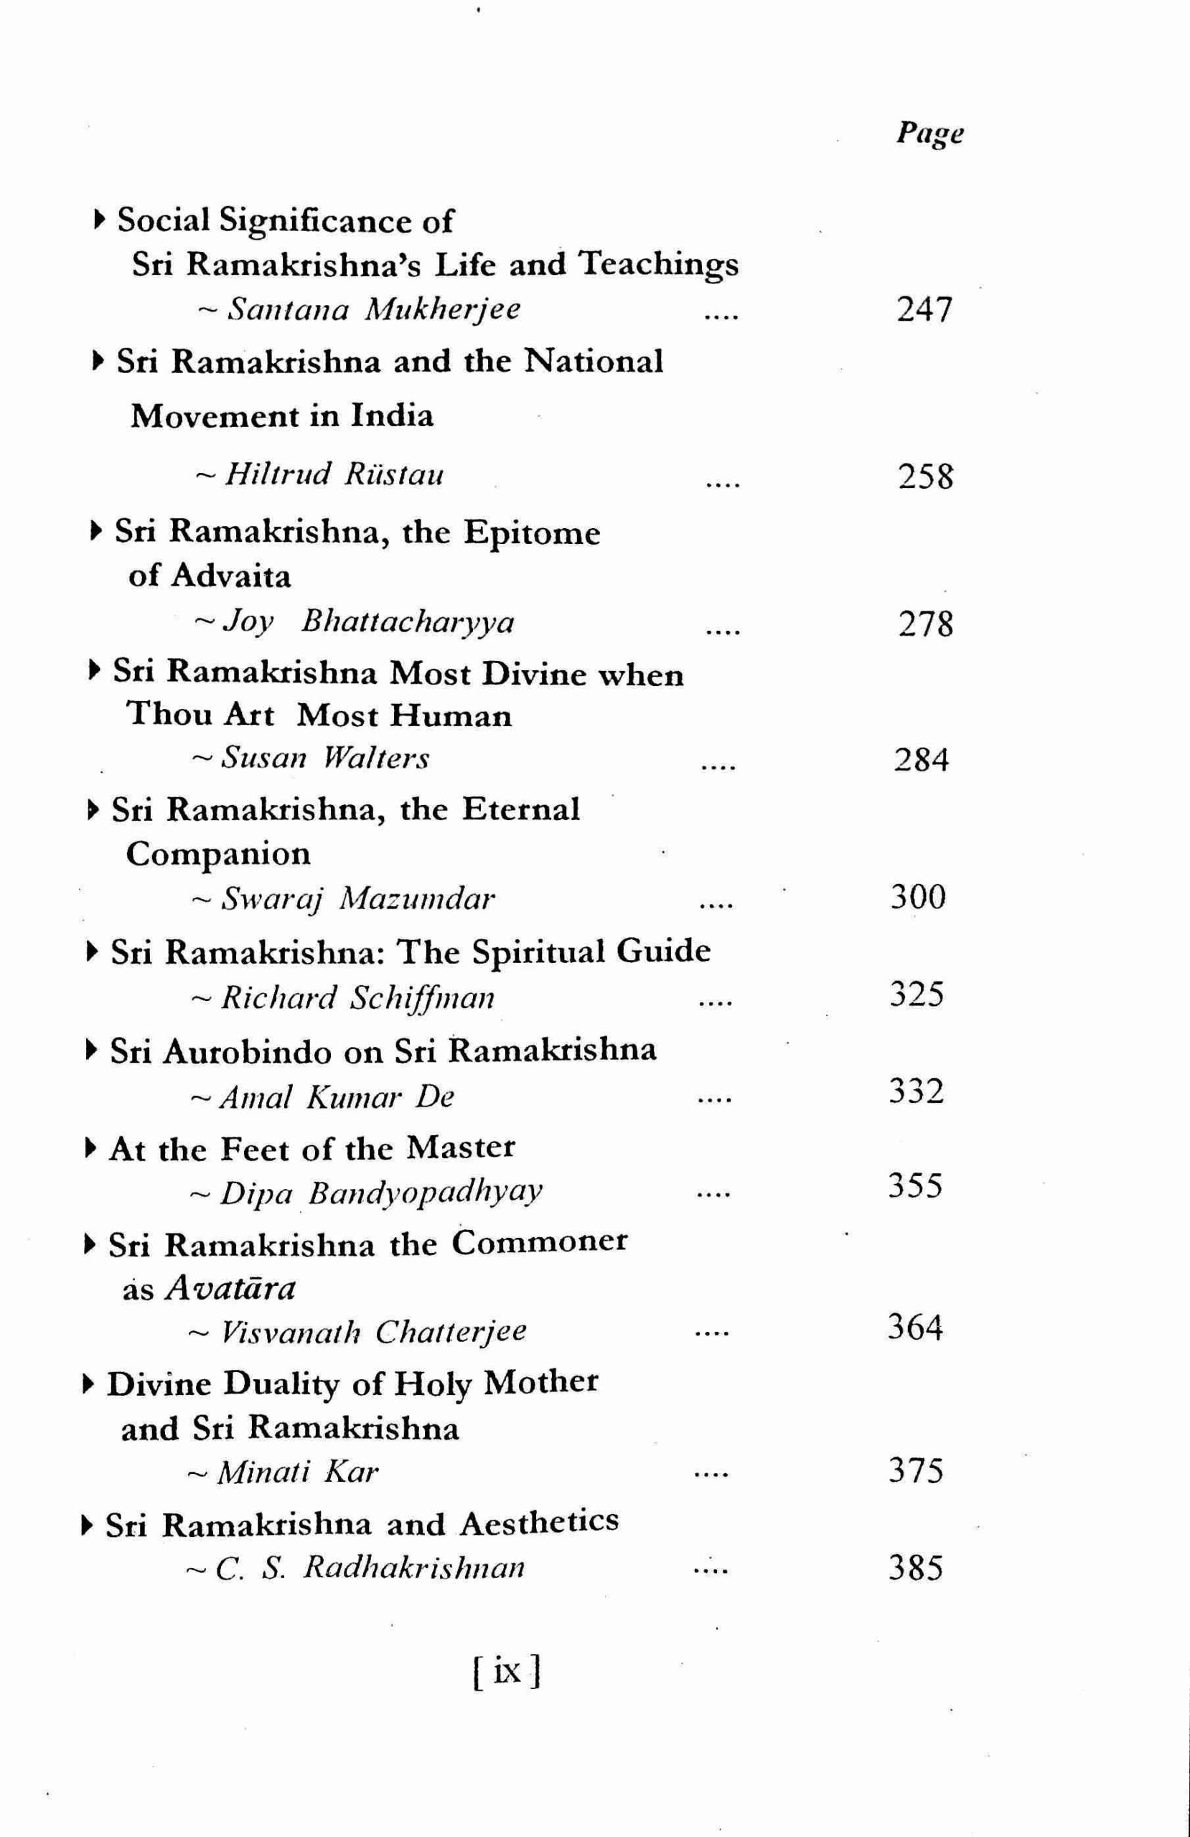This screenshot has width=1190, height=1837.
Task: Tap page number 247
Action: (924, 309)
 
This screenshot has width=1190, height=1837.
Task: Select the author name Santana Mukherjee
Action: (375, 309)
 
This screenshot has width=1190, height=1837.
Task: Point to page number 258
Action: (925, 476)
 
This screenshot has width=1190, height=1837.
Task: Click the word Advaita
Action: (231, 576)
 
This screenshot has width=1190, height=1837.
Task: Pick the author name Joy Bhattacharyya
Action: (367, 622)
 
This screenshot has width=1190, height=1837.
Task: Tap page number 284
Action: (921, 760)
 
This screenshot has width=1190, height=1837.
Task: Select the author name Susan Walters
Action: (325, 758)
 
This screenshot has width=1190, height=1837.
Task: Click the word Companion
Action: (218, 855)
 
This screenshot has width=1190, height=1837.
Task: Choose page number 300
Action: (918, 898)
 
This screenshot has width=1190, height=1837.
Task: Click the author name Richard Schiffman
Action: (357, 998)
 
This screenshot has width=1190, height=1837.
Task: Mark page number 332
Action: (916, 1092)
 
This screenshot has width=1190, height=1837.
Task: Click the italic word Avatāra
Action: (231, 1288)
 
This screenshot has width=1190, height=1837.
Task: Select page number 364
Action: (915, 1328)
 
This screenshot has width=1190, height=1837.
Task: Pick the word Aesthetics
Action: (539, 1523)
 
